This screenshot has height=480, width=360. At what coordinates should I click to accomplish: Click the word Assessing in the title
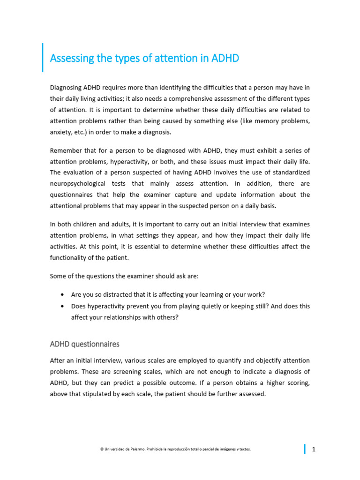[x=69, y=59]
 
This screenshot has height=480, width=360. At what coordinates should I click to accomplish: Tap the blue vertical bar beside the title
[x=43, y=58]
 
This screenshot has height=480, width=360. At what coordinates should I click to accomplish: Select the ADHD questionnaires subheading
[x=84, y=344]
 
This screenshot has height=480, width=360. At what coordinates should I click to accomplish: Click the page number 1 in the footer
[x=314, y=450]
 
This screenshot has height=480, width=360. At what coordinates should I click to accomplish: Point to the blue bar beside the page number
[x=305, y=449]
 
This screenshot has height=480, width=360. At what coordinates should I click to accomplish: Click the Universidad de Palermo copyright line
[x=175, y=449]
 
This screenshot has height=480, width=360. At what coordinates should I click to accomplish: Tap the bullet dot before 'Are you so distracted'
[x=62, y=295]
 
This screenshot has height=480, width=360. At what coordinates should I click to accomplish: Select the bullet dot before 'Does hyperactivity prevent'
[x=62, y=306]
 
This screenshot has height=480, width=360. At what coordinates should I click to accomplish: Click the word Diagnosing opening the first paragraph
[x=66, y=87]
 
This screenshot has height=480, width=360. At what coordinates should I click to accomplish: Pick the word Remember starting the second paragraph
[x=65, y=150]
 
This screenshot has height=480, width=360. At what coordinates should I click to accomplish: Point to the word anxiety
[x=60, y=132]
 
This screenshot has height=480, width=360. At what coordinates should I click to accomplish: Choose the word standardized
[x=291, y=172]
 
